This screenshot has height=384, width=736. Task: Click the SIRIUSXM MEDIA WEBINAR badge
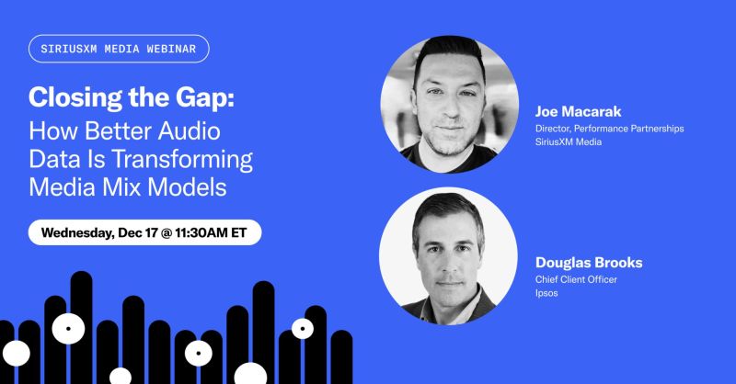coord(119,48)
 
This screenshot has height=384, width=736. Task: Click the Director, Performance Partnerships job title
coord(609,129)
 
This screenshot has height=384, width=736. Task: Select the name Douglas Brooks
coord(589,263)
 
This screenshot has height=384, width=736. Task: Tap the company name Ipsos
coord(548,295)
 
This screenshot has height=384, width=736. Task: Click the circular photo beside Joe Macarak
coord(449,103)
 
